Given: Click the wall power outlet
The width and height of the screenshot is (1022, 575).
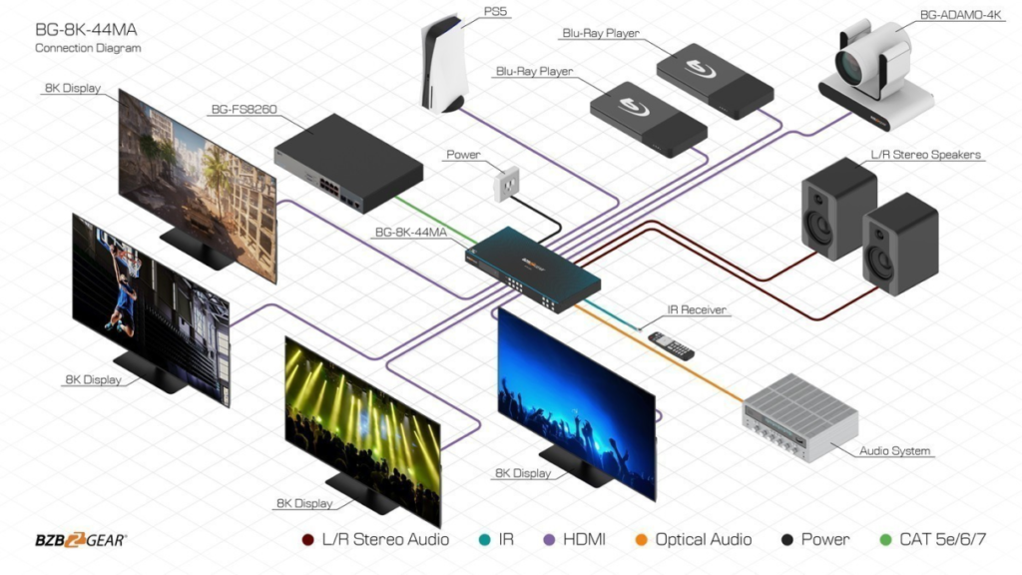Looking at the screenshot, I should click(508, 183).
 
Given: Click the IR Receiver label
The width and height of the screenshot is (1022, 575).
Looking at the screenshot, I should click(698, 310).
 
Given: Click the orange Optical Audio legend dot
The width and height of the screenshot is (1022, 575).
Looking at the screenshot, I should click(642, 540).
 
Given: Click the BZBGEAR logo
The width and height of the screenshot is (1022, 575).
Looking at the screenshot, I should click(81, 540).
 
